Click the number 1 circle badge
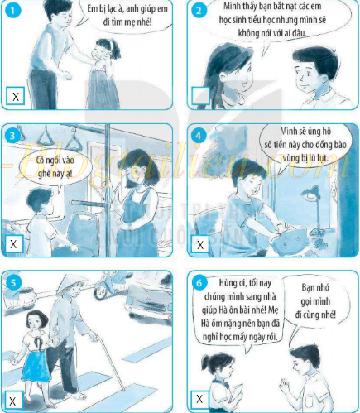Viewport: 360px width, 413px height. pyautogui.click(x=12, y=11)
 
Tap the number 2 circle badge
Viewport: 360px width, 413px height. pyautogui.click(x=199, y=11)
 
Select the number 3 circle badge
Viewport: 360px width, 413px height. pyautogui.click(x=12, y=136)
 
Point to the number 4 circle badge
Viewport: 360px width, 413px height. pyautogui.click(x=199, y=136)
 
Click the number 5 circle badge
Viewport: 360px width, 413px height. pyautogui.click(x=12, y=283)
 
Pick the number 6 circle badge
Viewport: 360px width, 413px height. pyautogui.click(x=199, y=283)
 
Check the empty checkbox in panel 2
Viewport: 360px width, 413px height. pyautogui.click(x=200, y=96)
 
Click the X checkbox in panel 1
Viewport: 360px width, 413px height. pyautogui.click(x=16, y=96)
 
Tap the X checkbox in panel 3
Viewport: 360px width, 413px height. pyautogui.click(x=13, y=243)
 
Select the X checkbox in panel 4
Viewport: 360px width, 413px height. pyautogui.click(x=200, y=244)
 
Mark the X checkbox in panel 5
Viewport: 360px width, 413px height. pyautogui.click(x=12, y=401)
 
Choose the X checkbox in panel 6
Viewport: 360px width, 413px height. pyautogui.click(x=199, y=399)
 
